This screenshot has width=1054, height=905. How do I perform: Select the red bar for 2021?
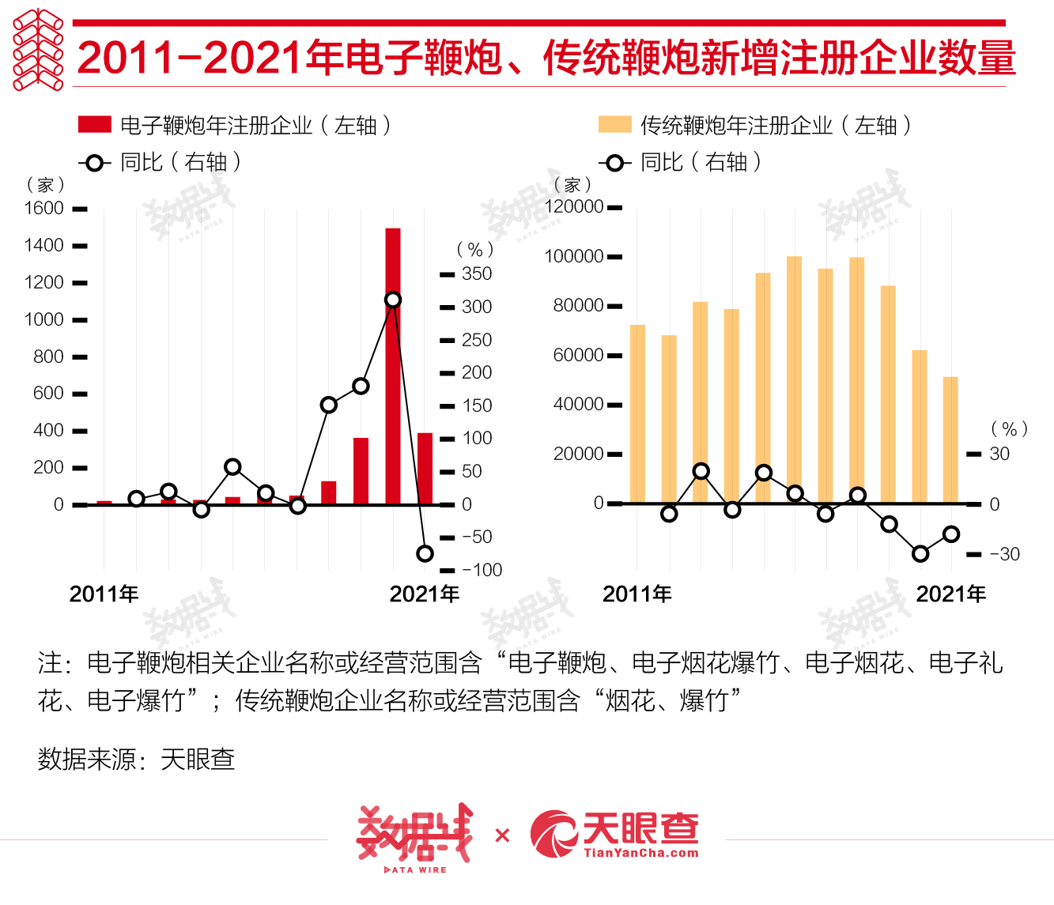pos(425,468)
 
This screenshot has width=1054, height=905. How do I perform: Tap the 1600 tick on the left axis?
pos(44,208)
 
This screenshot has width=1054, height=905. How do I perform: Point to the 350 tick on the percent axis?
pos(477,273)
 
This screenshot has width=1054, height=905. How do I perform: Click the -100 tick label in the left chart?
pos(482,570)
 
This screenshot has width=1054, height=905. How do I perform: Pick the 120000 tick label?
pos(574,206)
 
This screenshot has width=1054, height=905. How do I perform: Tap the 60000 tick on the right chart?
pos(579,355)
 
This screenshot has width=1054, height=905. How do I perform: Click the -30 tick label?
pos(1005,554)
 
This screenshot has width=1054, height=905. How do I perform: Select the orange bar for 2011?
pos(637,413)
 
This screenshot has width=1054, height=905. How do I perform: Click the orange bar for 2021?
pos(950,439)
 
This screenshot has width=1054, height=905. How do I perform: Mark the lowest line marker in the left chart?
pos(425,553)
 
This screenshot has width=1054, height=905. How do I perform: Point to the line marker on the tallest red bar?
pos(393,300)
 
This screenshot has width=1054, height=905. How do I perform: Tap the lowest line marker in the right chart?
pos(920,554)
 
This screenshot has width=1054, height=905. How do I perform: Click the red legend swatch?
pos(94,125)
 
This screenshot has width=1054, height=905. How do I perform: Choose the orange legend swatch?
pos(614,125)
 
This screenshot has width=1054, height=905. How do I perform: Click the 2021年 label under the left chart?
pos(424,594)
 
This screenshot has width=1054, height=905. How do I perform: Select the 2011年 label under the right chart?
pos(637,594)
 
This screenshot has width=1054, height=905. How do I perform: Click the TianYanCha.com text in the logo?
pos(641,853)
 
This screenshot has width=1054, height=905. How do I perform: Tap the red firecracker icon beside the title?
pos(38,50)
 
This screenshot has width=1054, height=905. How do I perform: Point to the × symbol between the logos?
pos(502,835)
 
